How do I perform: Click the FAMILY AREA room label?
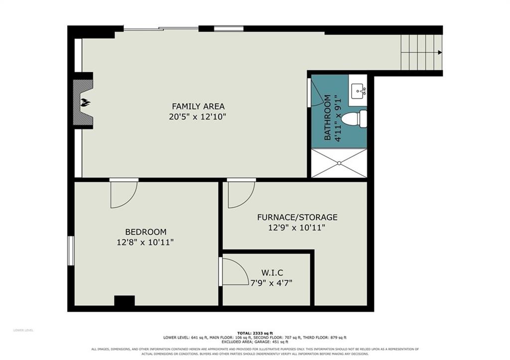pyautogui.click(x=198, y=107)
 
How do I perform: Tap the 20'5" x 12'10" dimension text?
pyautogui.click(x=197, y=117)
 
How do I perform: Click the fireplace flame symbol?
pyautogui.click(x=86, y=103)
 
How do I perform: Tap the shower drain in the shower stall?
pyautogui.click(x=339, y=163)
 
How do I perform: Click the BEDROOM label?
pyautogui.click(x=146, y=232)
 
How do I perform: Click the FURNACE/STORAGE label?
pyautogui.click(x=297, y=217)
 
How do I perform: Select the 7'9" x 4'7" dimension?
pyautogui.click(x=271, y=283)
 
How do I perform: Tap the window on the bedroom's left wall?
pyautogui.click(x=71, y=250)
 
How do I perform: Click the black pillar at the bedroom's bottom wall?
pyautogui.click(x=124, y=301)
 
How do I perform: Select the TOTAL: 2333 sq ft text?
pyautogui.click(x=255, y=333)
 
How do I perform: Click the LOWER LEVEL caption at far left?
pyautogui.click(x=23, y=331)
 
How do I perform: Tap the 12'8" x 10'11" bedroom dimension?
pyautogui.click(x=145, y=242)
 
